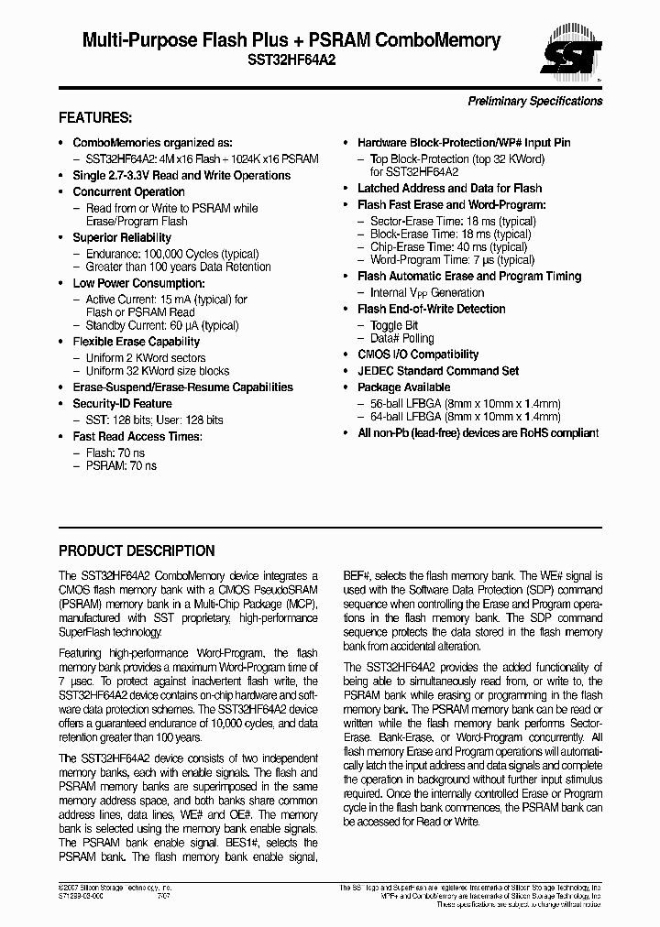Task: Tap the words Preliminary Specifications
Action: pos(535,101)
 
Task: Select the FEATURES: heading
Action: pos(95,118)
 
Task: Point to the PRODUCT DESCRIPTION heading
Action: pos(137,551)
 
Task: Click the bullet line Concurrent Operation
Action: pos(128,192)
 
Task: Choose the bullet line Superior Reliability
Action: pos(122,238)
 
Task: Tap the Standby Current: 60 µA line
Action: pos(161,325)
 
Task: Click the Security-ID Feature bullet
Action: pos(122,404)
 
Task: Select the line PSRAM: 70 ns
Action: pos(121,465)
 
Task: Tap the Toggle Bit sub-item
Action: pos(394,325)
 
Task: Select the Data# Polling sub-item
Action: pos(401,338)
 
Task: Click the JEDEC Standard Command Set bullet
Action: pos(438,371)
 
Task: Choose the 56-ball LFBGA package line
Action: pos(465,404)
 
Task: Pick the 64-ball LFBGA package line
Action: pos(465,417)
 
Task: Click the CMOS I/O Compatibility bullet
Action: pos(418,354)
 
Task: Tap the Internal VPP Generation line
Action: pos(427,293)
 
